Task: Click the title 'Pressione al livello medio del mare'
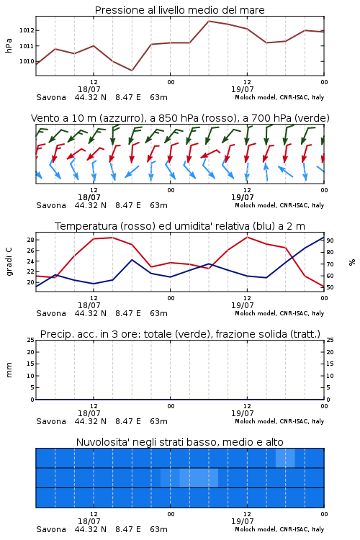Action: (x=179, y=10)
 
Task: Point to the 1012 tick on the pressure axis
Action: (x=27, y=30)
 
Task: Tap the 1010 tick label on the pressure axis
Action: (x=27, y=61)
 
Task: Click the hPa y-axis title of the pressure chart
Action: (x=9, y=45)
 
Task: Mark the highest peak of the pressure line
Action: (x=209, y=21)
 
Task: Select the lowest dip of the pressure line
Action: (x=132, y=71)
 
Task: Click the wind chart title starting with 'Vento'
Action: (x=180, y=118)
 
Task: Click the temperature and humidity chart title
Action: (x=180, y=226)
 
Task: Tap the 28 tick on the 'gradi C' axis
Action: (x=31, y=240)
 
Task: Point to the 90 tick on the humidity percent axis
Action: (x=330, y=240)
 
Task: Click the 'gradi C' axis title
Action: (x=9, y=262)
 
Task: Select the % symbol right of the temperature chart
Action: (x=352, y=262)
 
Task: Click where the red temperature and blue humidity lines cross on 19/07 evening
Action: (x=292, y=257)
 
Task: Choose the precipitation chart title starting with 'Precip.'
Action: (x=180, y=334)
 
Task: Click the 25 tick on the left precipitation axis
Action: (x=31, y=340)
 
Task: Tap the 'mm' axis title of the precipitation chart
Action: (x=9, y=370)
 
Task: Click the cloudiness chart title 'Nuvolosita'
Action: (x=179, y=442)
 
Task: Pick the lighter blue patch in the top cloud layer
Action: (x=285, y=458)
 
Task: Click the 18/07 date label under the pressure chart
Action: (x=89, y=89)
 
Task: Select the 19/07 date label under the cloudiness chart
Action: (x=243, y=521)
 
